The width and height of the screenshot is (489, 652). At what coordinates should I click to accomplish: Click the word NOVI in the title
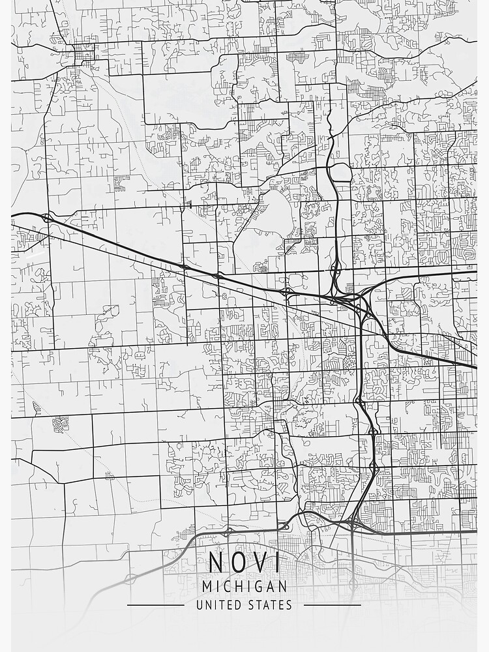pos(244,563)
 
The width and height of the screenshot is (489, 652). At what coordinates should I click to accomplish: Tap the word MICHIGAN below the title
pos(244,586)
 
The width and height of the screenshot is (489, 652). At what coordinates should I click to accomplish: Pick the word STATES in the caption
pos(271,605)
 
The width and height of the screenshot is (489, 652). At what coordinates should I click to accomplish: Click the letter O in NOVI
pos(238,563)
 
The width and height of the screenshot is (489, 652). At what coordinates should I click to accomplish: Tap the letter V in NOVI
pos(259,563)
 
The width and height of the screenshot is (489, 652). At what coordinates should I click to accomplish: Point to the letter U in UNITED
pos(200,605)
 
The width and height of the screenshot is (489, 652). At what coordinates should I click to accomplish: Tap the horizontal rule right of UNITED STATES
pos(333,605)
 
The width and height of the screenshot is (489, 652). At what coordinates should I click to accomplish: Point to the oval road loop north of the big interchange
pos(340,172)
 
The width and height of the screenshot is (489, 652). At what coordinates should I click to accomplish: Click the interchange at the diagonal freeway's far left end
pos(46,218)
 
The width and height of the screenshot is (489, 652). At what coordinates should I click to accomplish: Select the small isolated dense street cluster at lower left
pos(61,424)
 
